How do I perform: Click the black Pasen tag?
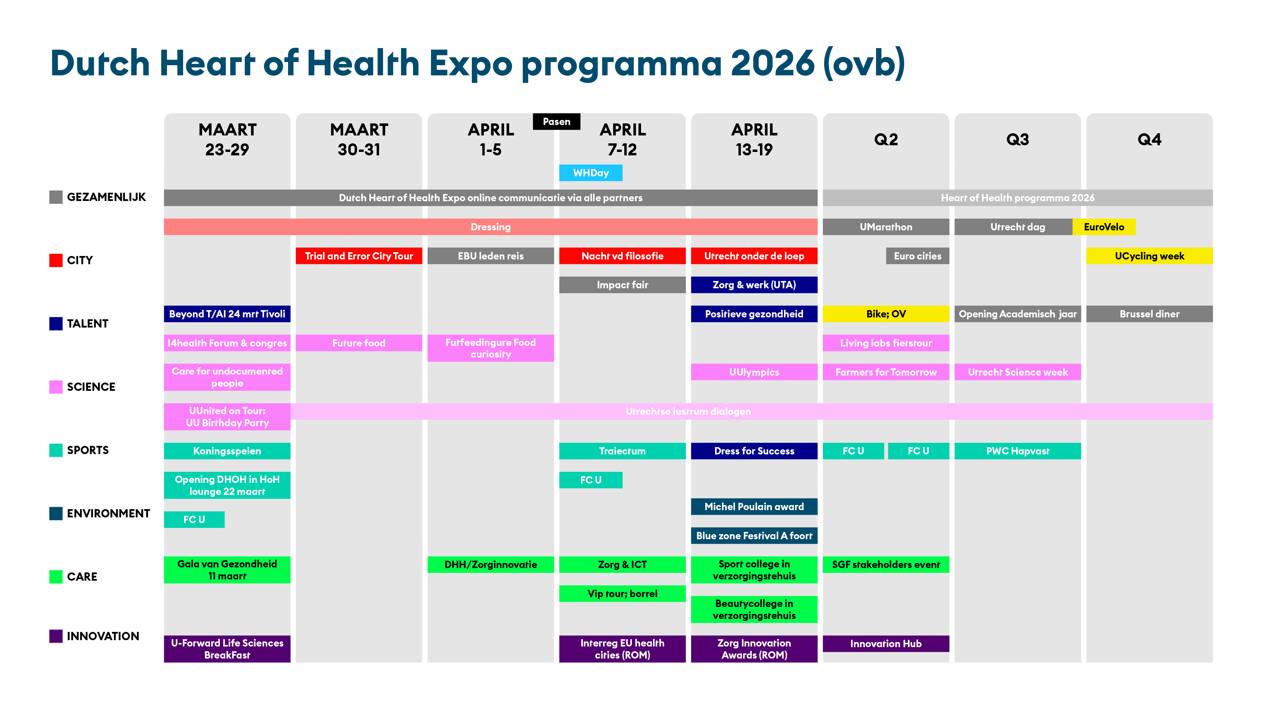pos(556,122)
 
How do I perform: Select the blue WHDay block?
pos(591,173)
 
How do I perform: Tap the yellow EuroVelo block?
pos(1104,227)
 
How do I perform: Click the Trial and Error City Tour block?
pos(359,256)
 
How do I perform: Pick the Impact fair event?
pos(622,285)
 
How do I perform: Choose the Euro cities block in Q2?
pos(917,256)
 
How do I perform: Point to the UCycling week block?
pos(1149,256)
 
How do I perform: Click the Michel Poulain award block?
pos(754,507)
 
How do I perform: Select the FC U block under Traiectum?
pos(591,480)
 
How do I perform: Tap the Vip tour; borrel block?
pos(622,594)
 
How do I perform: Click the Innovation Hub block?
pos(886,644)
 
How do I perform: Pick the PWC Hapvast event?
pos(1017,451)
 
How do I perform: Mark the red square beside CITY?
pos(56,260)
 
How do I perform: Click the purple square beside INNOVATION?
pos(56,636)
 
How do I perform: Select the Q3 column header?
pos(1017,140)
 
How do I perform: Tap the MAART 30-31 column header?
pos(359,140)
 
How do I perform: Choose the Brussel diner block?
pos(1149,314)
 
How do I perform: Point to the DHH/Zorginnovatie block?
pos(491,565)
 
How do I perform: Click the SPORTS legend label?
pos(88,450)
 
